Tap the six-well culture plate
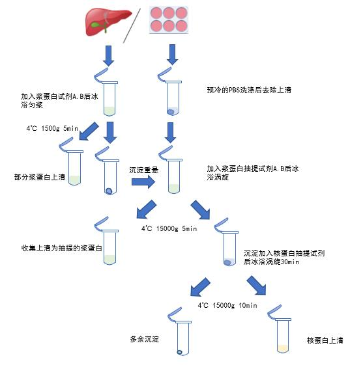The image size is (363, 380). [x=169, y=20]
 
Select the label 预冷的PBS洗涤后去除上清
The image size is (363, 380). [x=249, y=90]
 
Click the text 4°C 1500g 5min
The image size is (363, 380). [x=52, y=128]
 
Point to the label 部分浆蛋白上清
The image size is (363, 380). [x=40, y=177]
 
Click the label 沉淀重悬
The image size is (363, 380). [x=143, y=170]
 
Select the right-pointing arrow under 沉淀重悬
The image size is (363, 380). [x=143, y=182]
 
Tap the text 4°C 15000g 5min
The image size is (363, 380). [x=169, y=228]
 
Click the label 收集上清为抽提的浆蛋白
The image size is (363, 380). [x=62, y=248]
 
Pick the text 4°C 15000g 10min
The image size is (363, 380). [x=227, y=305]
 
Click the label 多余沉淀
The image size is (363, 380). [x=145, y=339]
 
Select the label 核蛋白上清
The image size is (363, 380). [x=325, y=340]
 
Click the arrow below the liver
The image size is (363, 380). [x=108, y=56]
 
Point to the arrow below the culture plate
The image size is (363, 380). [x=172, y=55]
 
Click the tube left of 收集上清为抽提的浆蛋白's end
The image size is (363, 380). [x=109, y=245]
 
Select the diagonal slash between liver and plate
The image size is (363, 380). [x=132, y=25]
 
